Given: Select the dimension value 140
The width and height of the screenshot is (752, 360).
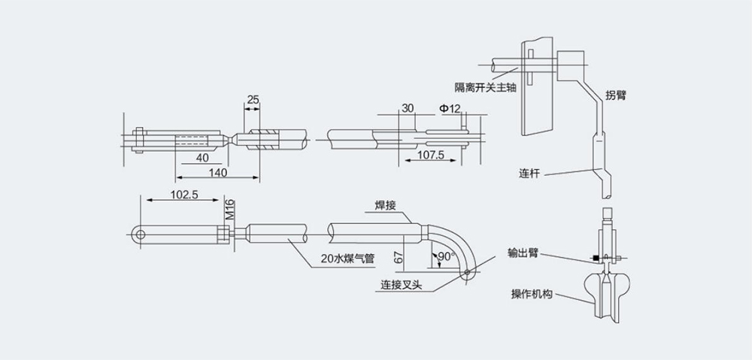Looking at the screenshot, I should [218, 172].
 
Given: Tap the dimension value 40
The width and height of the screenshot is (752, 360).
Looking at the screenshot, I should [202, 158].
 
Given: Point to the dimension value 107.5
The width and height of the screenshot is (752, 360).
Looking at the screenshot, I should [431, 155].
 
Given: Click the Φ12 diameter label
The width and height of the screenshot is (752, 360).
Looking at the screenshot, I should [450, 108].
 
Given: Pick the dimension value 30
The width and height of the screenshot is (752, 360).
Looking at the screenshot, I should [408, 108].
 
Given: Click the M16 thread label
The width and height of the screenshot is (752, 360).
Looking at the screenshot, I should [230, 209].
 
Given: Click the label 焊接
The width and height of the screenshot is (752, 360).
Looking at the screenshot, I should [386, 204].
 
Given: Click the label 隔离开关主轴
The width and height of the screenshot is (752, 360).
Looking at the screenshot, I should [485, 86].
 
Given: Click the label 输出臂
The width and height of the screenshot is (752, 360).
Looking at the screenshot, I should [523, 254].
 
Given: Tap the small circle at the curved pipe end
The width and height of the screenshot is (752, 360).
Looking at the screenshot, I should [469, 274].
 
